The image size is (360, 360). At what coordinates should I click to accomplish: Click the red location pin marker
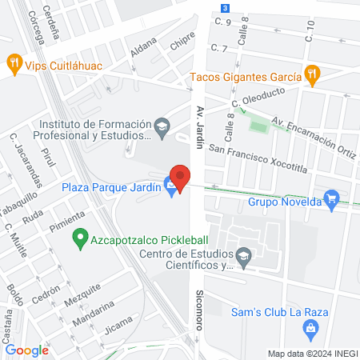pos(180,177)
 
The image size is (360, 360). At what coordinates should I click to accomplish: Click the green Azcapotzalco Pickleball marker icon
pos(79,237)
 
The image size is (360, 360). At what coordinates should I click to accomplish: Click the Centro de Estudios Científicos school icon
pos(245,256)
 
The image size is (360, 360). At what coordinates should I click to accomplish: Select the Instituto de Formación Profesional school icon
pos(162,126)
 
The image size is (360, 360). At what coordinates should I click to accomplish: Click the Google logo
pos(26,350)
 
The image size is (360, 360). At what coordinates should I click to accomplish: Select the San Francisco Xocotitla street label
pos(258,158)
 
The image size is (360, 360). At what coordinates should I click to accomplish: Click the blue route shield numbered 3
pos(226,7)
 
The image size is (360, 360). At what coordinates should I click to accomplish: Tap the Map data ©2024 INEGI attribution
pos(312,354)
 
